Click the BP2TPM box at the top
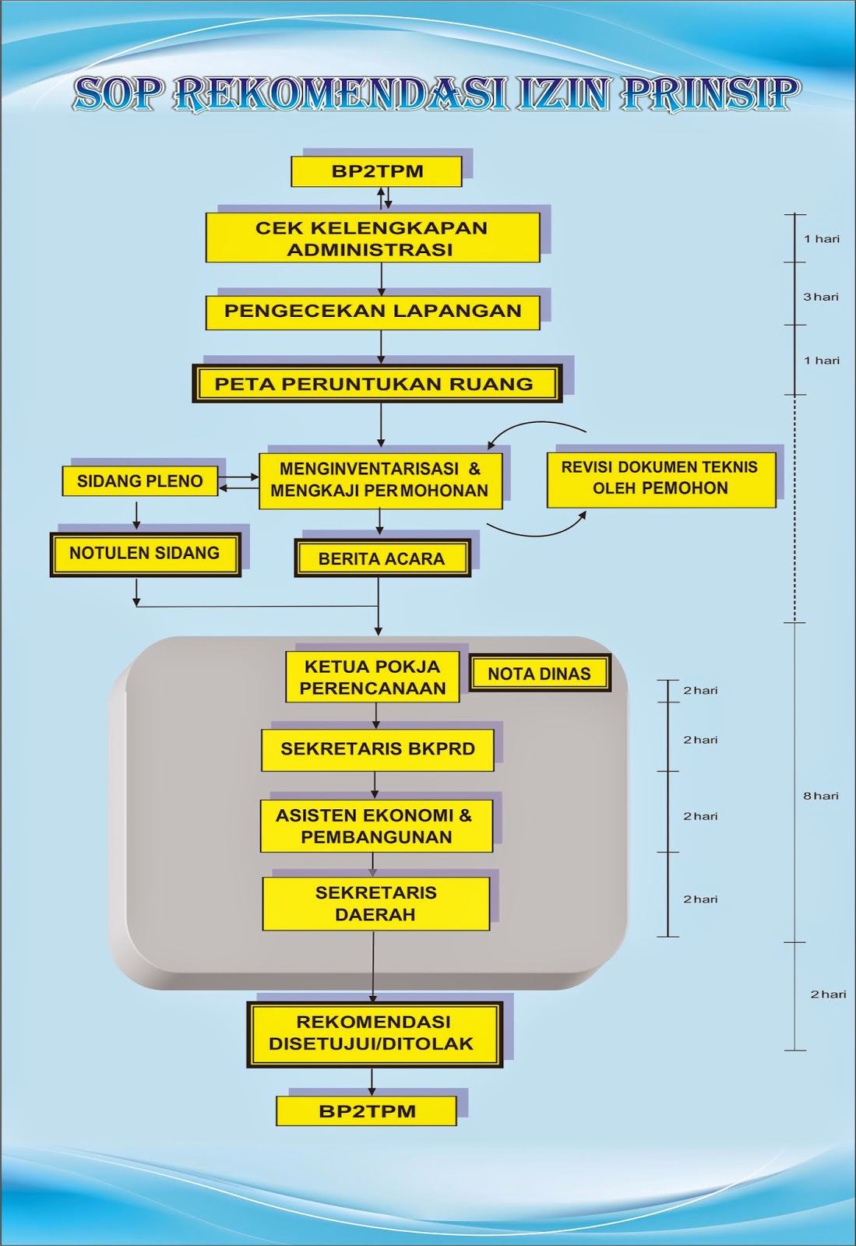376,171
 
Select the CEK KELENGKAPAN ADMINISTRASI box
372,238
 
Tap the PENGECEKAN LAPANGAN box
372,312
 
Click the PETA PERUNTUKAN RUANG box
377,383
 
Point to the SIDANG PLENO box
140,481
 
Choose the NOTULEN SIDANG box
145,554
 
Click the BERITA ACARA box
382,558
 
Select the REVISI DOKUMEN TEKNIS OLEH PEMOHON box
661,480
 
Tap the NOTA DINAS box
540,673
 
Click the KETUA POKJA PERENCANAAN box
372,677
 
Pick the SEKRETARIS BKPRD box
378,751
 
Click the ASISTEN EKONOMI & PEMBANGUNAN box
376,826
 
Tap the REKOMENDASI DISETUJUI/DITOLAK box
375,1035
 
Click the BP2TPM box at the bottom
367,1110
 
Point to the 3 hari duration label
821,297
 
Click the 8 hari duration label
821,795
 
